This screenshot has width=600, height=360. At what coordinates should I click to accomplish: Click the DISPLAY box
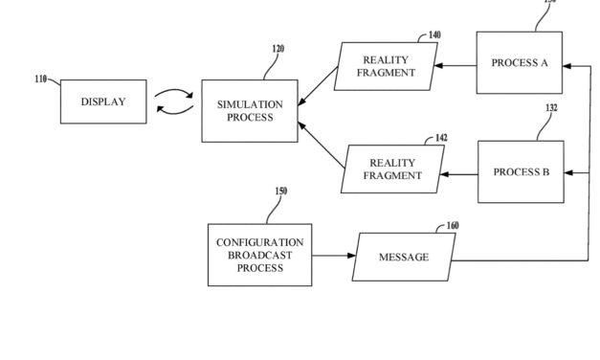pos(103,101)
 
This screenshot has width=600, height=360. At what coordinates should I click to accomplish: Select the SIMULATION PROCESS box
pos(250,111)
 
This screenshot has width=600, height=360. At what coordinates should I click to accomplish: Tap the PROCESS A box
pos(519,63)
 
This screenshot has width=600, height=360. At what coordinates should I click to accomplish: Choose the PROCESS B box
pos(521,172)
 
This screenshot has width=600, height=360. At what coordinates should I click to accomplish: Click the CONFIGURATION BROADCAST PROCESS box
pos(259,255)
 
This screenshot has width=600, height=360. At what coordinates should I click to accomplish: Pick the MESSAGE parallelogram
pos(403,258)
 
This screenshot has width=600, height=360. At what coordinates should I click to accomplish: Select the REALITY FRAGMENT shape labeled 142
pos(395,169)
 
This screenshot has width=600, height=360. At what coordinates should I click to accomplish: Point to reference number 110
pos(41,79)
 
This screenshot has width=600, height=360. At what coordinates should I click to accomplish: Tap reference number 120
pos(278,49)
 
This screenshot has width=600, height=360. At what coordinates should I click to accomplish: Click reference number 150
pos(280,191)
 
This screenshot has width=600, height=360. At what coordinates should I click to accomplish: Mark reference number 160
pos(452,226)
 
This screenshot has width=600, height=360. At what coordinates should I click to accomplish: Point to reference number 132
pos(551,108)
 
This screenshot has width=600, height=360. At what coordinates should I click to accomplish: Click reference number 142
pos(440,138)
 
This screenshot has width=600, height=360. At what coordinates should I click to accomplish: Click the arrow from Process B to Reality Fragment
pos(461,174)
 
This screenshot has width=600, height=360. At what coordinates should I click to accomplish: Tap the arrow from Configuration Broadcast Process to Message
pos(333,257)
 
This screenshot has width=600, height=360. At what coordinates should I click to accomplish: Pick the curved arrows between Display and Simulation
pos(174,101)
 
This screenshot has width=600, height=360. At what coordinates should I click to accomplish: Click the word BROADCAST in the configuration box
pos(259,256)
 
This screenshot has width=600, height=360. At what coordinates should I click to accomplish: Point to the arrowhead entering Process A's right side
pos(568,66)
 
